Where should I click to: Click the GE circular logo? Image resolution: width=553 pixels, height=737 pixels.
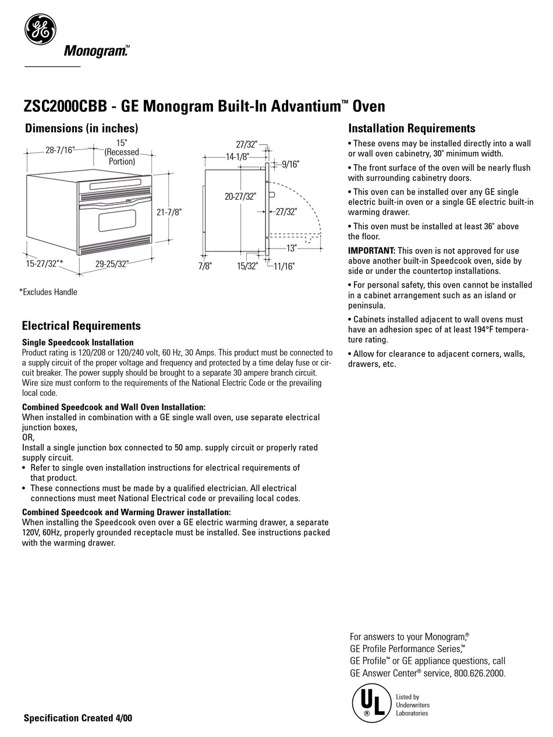[40, 29]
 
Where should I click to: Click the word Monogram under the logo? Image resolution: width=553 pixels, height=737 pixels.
[95, 52]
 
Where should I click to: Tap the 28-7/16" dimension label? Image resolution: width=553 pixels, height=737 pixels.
[60, 150]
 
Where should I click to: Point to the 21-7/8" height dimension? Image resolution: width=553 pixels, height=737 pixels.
[169, 212]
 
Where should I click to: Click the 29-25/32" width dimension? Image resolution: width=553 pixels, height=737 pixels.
[112, 264]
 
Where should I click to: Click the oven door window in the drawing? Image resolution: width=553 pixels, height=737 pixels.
[117, 220]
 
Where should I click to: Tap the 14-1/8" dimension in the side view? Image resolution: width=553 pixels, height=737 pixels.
[237, 157]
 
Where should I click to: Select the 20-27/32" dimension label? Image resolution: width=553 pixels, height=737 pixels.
[240, 197]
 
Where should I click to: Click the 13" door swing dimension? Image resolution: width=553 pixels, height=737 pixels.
[292, 247]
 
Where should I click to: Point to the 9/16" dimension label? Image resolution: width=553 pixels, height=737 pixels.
[290, 165]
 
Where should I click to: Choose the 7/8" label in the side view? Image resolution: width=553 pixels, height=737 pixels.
[204, 266]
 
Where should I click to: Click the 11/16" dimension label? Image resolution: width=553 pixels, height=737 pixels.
[285, 266]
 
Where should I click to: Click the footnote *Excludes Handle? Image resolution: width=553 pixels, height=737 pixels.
[48, 292]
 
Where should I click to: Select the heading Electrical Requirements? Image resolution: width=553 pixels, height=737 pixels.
[81, 325]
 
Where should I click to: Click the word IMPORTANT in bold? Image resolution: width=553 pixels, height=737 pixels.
[371, 250]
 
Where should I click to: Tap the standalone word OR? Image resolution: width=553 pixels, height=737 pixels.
[28, 438]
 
